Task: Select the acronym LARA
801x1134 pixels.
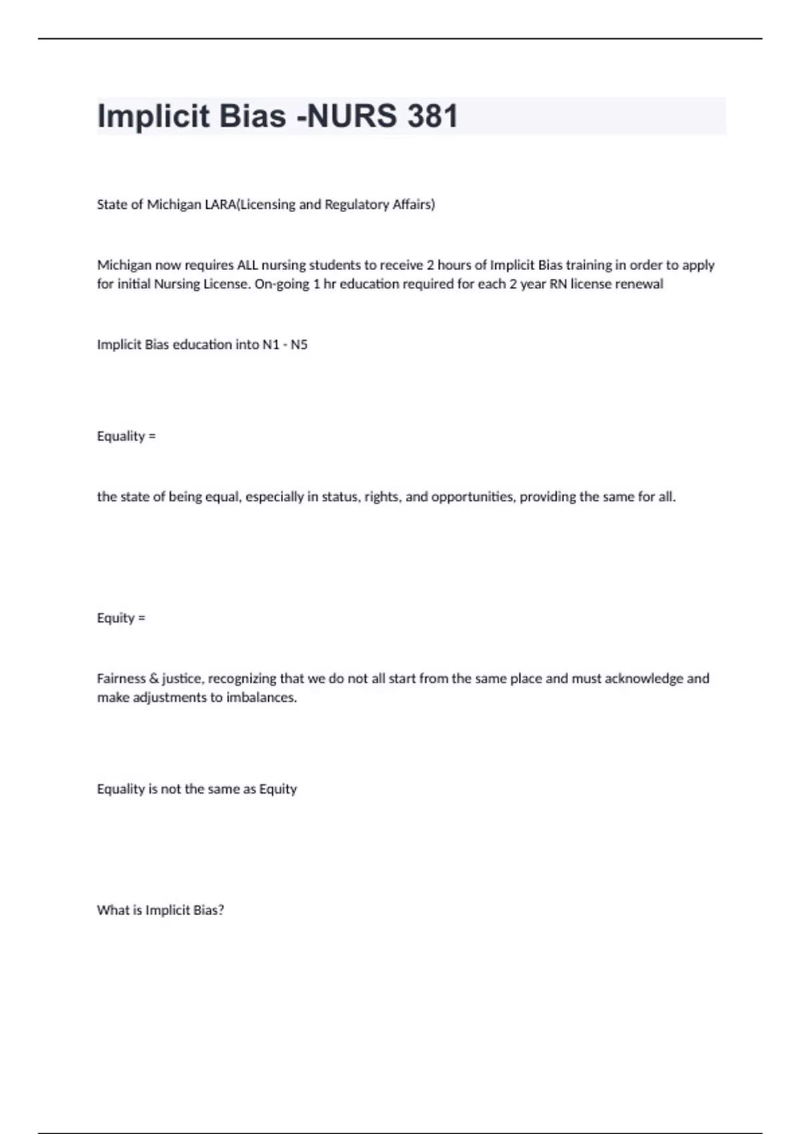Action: click(x=220, y=204)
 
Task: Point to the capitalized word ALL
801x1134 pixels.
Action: click(x=248, y=265)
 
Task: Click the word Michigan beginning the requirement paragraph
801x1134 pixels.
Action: click(x=124, y=265)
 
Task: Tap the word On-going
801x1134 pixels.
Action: click(x=282, y=283)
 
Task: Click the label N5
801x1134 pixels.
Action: click(x=299, y=344)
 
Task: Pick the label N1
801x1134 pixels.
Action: click(x=271, y=344)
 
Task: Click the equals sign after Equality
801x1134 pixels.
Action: click(x=152, y=436)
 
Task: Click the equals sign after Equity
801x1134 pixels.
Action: click(x=142, y=618)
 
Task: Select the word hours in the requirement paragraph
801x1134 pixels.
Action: click(x=454, y=265)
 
